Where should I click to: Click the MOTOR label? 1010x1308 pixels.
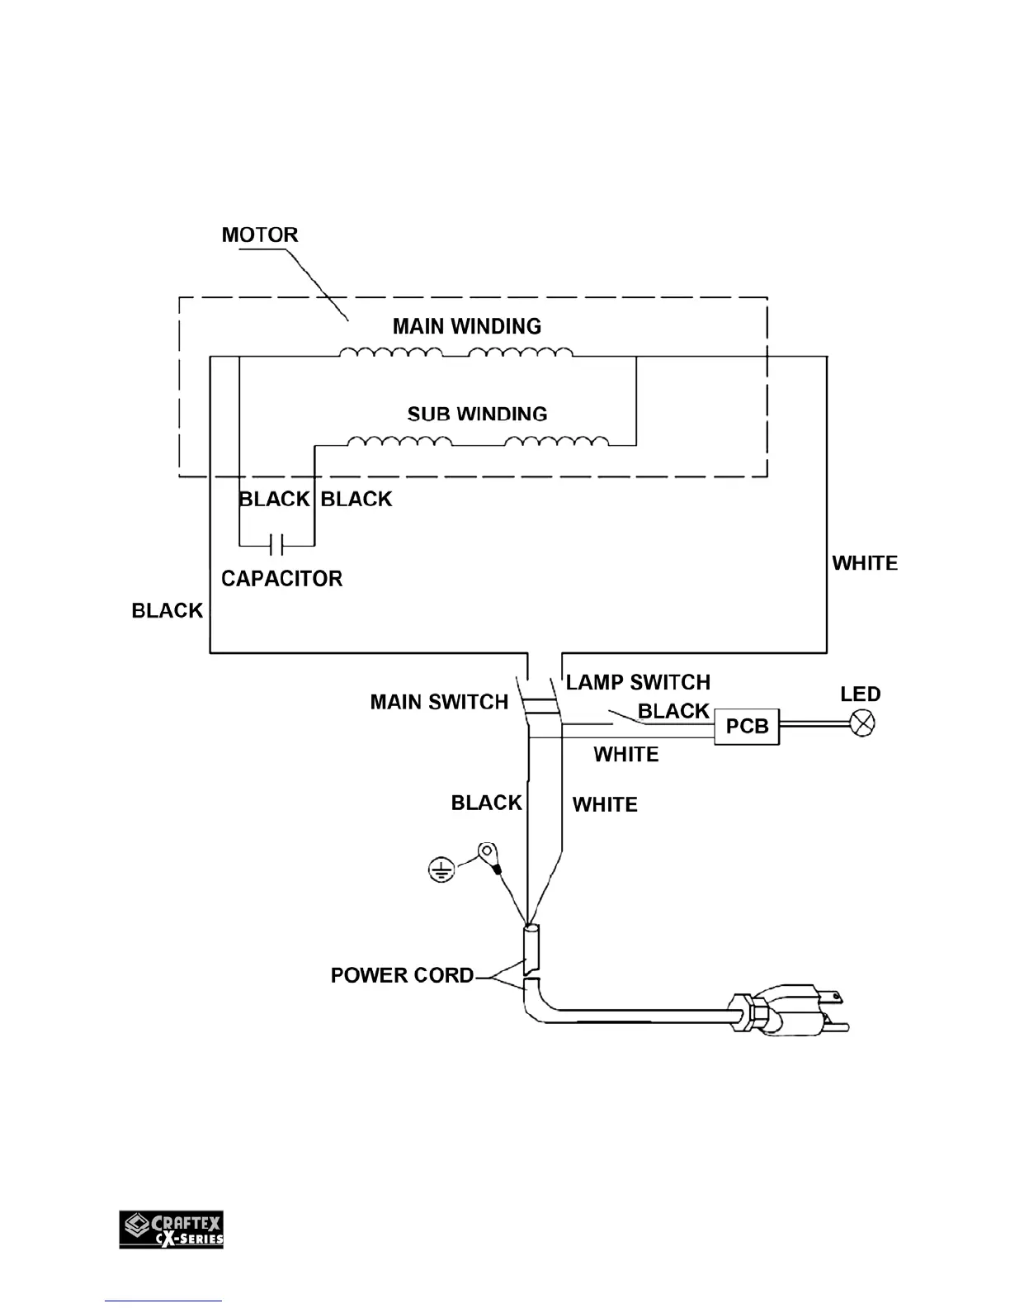click(259, 235)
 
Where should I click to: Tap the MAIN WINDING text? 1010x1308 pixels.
click(466, 326)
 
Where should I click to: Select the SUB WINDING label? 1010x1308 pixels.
click(477, 414)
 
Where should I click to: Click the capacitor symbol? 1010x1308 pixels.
click(277, 545)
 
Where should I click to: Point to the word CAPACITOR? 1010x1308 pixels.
click(281, 578)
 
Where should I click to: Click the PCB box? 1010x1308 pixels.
click(747, 727)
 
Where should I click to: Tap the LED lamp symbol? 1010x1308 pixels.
click(862, 725)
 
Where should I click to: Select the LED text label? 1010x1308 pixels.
click(860, 694)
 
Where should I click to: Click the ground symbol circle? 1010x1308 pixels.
click(441, 870)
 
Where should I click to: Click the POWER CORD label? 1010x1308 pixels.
click(402, 975)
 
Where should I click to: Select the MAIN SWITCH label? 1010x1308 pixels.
click(439, 702)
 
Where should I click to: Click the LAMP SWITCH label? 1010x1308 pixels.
click(638, 683)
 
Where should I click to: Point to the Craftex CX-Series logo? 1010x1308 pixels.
click(172, 1229)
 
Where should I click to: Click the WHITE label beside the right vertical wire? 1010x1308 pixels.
click(865, 563)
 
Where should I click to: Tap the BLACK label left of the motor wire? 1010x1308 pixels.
click(168, 610)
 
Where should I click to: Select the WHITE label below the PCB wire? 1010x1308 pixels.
click(626, 755)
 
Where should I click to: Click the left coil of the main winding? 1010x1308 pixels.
click(390, 353)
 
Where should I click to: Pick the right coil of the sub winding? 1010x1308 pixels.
click(557, 442)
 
